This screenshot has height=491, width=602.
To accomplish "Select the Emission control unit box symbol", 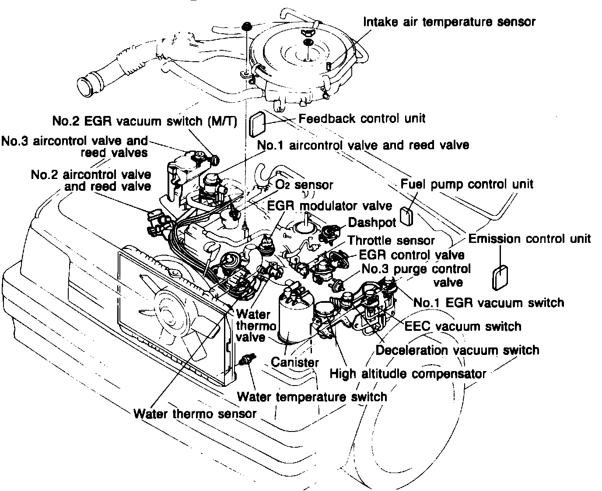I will click(500, 278).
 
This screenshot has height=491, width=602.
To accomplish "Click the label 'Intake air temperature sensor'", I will click(449, 21).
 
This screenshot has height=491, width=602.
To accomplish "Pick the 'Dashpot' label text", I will click(372, 222).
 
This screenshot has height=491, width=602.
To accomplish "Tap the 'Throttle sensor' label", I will click(391, 240).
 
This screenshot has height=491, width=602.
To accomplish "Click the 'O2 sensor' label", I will click(304, 185).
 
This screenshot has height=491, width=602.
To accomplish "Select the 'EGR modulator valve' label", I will click(330, 205).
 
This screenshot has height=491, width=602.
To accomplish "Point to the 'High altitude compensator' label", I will click(408, 374).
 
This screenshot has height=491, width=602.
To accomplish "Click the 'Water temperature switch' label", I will click(312, 397).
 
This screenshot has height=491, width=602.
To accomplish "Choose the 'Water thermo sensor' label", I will click(195, 414).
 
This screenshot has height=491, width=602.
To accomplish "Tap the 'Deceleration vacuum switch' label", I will click(457, 350).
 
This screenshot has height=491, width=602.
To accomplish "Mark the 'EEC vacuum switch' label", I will click(463, 326).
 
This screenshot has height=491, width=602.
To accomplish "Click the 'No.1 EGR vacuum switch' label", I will click(489, 302).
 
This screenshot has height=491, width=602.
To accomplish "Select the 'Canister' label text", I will click(295, 362).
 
